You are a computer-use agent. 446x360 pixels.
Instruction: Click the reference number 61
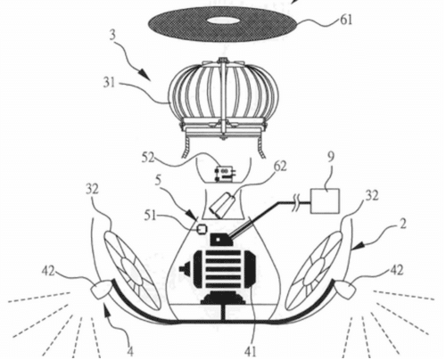(346, 20)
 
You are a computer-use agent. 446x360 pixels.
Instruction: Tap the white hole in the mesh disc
(221, 20)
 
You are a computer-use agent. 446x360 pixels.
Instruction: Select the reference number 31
(109, 83)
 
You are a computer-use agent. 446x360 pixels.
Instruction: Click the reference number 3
(111, 39)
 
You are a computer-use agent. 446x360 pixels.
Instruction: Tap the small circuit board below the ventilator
(224, 174)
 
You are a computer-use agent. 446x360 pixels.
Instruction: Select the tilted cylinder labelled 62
(223, 205)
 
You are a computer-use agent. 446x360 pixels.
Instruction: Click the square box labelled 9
(325, 200)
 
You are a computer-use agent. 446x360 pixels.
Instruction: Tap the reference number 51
(151, 216)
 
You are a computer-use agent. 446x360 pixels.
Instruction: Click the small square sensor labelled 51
(202, 229)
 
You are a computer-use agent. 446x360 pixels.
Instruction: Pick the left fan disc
(133, 273)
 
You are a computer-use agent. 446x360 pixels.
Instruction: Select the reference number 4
(129, 352)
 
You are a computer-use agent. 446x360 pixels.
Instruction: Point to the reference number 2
(402, 225)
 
